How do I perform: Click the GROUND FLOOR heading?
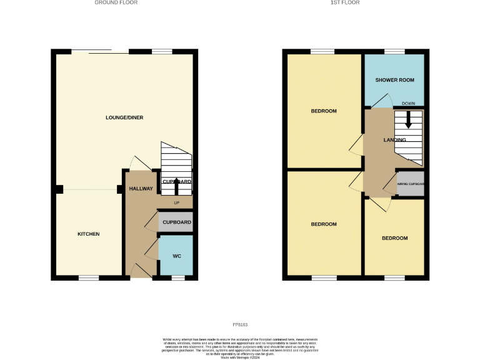[x=116, y=2]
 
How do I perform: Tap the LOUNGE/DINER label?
[x=124, y=117]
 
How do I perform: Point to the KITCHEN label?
[x=88, y=234]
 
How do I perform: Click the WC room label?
[x=176, y=256]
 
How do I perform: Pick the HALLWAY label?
[x=141, y=189]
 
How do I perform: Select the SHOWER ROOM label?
[x=394, y=80]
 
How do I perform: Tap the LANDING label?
[x=395, y=139]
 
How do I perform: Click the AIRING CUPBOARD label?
[x=411, y=184]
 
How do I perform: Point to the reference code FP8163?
[x=240, y=324]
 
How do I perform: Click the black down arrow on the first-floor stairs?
[x=409, y=119]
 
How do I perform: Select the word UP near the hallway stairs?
[x=176, y=203]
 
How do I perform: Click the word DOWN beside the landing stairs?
[x=408, y=103]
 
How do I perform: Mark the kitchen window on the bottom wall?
[x=89, y=277]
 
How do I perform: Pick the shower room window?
[x=394, y=51]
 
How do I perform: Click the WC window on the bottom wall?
[x=177, y=277]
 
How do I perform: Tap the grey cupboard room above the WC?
[x=176, y=222]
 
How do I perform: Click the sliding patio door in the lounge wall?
[x=92, y=51]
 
